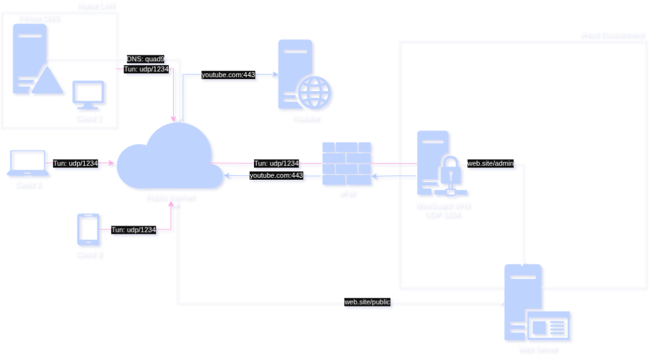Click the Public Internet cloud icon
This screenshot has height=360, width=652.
point(167,159)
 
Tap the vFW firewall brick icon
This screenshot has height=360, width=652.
point(347,163)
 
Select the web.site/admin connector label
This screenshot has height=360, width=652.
point(490,164)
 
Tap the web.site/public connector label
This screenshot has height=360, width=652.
point(367,302)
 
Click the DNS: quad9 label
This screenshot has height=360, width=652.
point(146,59)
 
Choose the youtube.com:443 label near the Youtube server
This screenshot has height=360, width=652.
point(228,75)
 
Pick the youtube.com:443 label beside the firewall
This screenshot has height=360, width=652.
point(276,175)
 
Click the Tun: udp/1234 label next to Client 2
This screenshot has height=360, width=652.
point(76,164)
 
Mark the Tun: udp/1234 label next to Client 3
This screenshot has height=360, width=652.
point(134,230)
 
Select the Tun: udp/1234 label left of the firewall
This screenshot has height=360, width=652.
point(276,164)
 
